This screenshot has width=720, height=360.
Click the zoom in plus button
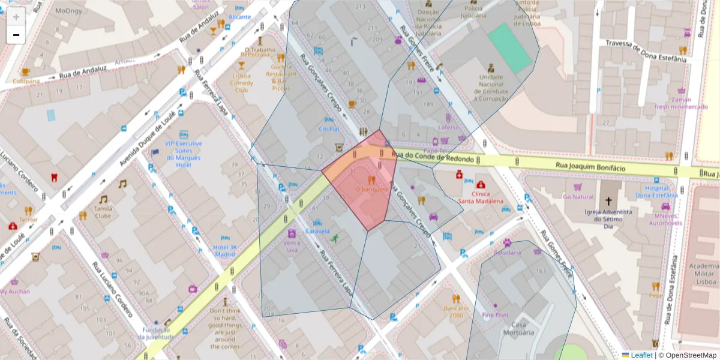click(x=16, y=17)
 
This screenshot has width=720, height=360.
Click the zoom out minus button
click(x=16, y=35)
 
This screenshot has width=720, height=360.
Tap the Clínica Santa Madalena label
click(x=480, y=197)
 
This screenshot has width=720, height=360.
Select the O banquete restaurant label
click(x=372, y=189)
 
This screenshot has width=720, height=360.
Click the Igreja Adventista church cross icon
click(x=608, y=201)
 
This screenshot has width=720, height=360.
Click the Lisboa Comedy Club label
click(x=241, y=83)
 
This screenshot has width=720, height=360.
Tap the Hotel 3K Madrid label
click(x=226, y=250)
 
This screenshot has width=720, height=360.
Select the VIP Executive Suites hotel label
click(x=184, y=154)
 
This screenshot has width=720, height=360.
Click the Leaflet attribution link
click(x=641, y=355)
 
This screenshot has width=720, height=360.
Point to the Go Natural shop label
click(x=578, y=197)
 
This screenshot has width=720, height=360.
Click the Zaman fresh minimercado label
click(x=681, y=103)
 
